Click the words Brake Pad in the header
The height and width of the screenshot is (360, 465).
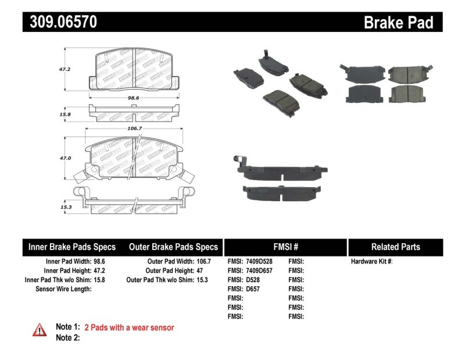(x=399, y=23)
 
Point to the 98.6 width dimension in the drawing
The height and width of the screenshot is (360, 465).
(x=134, y=98)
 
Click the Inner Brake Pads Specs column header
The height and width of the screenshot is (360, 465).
(x=72, y=247)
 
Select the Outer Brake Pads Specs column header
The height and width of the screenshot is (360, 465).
(x=173, y=247)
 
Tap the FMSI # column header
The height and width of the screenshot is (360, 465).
(x=285, y=247)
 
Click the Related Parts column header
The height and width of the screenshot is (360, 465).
(x=396, y=247)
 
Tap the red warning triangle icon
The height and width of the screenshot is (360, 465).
(x=40, y=330)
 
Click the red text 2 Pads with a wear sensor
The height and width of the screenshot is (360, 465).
(x=129, y=327)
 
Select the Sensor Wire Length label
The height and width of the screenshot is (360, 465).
(x=63, y=288)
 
